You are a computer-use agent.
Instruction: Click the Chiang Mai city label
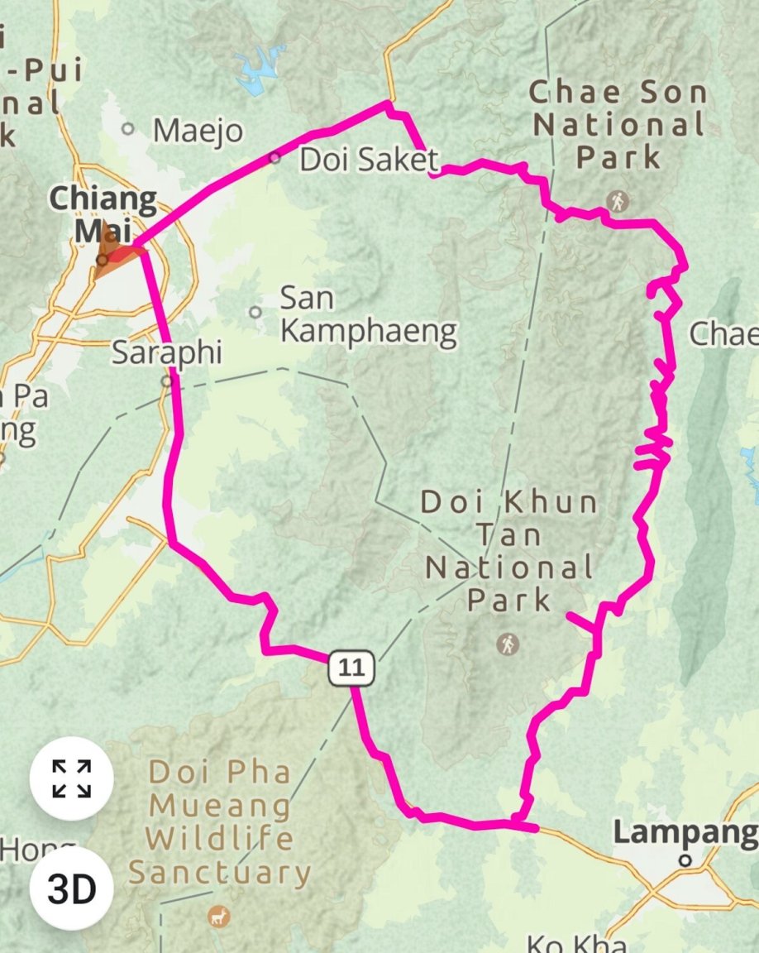tap(103, 213)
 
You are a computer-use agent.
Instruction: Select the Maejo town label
tap(198, 131)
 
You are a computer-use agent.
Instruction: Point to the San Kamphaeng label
tap(368, 315)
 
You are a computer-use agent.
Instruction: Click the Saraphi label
tap(167, 352)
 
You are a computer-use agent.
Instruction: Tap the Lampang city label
tap(685, 832)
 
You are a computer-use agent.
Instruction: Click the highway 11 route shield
tap(351, 668)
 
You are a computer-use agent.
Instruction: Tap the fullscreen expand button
tap(71, 778)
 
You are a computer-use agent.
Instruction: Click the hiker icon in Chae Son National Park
tap(617, 200)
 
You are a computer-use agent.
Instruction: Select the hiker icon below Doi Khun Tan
tap(508, 643)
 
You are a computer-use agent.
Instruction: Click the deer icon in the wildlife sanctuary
tap(220, 916)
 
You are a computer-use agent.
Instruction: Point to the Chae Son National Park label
tap(618, 124)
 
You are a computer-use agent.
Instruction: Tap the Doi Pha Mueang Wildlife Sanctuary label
tap(220, 822)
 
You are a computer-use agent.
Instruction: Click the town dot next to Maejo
tap(128, 129)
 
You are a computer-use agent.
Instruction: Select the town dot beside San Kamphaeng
tap(255, 312)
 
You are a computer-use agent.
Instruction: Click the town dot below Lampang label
tap(685, 860)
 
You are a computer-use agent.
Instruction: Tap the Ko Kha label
tap(577, 942)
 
